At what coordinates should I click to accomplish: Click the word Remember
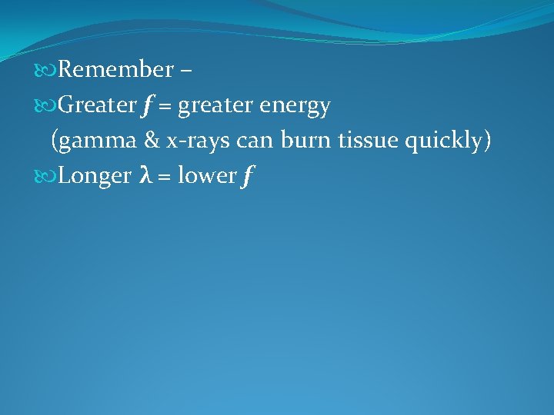[x=115, y=70]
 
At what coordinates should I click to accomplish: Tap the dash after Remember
[x=185, y=71]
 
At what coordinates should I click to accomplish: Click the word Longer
[x=95, y=176]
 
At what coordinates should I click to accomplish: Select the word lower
[x=205, y=176]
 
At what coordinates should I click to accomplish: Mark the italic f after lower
[x=247, y=177]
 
